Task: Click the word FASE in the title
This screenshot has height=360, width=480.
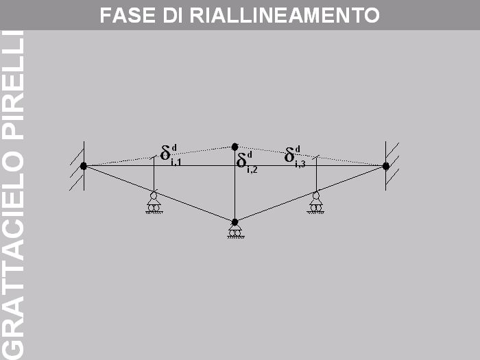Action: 128,15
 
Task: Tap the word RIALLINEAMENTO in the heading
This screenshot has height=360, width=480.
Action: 285,15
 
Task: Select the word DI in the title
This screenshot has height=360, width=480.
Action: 172,15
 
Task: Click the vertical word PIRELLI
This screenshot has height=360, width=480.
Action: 13,85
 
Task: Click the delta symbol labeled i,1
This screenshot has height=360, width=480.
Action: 166,153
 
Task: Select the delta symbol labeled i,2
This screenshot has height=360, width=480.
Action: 242,160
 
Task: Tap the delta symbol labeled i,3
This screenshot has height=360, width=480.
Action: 289,155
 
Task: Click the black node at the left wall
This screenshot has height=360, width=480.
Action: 84,166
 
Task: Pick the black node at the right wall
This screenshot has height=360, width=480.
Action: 385,166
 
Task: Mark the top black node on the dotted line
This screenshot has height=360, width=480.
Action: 235,147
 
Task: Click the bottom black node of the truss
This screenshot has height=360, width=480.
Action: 235,222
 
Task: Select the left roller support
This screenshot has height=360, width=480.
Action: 154,203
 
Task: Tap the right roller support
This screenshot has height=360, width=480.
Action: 315,203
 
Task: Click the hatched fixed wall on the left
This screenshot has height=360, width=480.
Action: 77,166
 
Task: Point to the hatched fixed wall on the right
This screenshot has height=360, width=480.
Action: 392,166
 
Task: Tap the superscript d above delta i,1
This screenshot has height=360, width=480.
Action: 174,147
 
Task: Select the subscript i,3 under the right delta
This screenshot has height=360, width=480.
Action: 300,165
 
